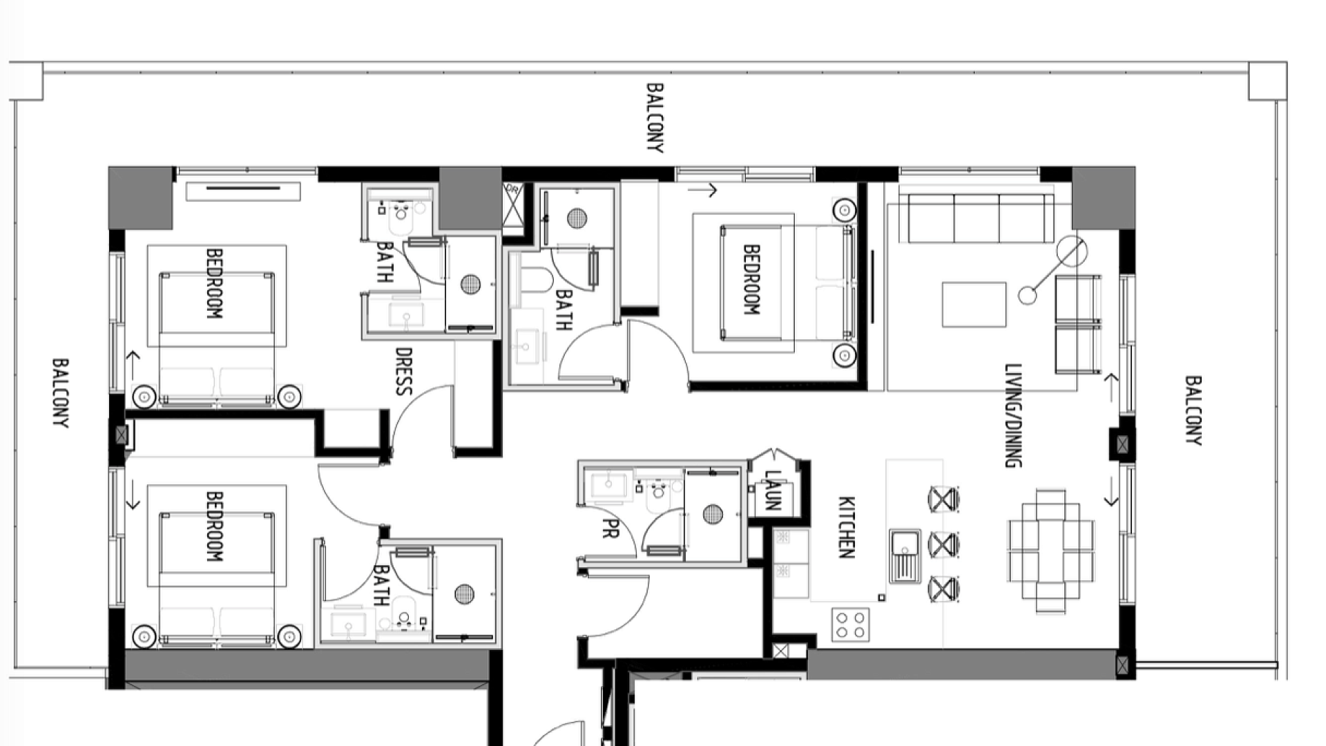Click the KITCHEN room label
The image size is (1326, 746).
(847, 527)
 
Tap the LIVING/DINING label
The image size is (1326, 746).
(1012, 416)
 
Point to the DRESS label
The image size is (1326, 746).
(403, 372)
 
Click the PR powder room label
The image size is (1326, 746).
(610, 528)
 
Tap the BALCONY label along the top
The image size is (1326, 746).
(655, 118)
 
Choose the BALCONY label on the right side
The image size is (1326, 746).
(1193, 410)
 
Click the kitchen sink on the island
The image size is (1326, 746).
(905, 555)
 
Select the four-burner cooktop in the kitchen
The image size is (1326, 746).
(850, 625)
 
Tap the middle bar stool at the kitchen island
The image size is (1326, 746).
(943, 545)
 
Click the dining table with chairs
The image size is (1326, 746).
(1050, 551)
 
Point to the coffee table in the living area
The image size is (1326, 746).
(974, 305)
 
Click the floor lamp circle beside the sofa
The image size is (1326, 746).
(1070, 252)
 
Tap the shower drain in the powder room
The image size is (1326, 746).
(713, 514)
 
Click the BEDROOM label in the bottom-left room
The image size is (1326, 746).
(215, 526)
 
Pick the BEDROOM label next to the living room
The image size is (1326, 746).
(751, 280)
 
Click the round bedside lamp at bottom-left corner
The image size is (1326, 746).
(144, 635)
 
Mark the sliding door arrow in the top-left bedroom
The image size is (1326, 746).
(132, 366)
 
